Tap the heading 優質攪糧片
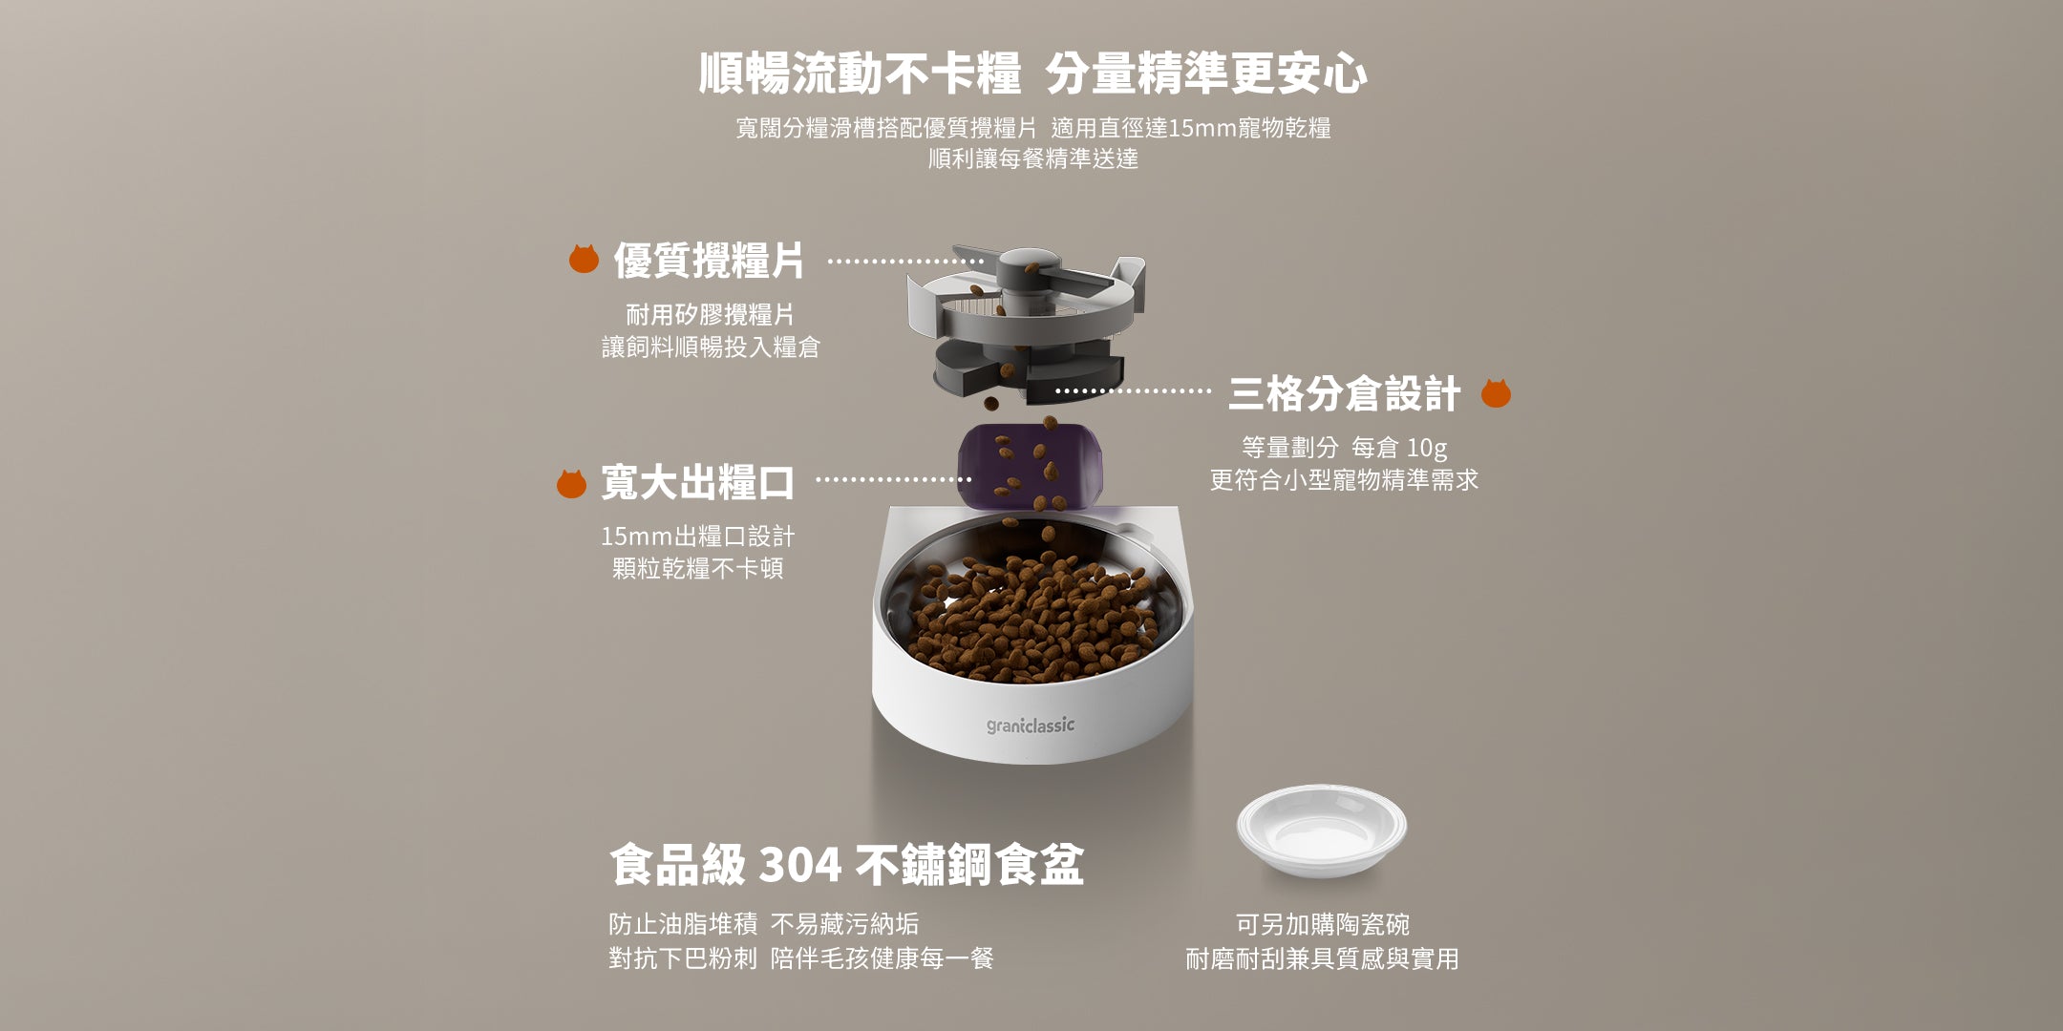point(709,261)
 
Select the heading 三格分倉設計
point(1344,394)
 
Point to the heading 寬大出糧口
point(697,483)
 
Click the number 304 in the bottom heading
point(800,866)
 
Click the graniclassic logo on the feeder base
point(1031,726)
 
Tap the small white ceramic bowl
point(1321,831)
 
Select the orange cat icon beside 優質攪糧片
point(584,259)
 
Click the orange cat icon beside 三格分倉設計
point(1496,393)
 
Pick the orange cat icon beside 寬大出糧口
point(571,483)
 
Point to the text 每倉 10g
point(1399,447)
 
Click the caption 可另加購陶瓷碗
point(1322,924)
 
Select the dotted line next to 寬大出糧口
point(894,480)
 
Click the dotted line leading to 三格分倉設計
point(1133,391)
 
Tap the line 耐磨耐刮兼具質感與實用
point(1322,958)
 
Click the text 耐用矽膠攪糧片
point(710,314)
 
